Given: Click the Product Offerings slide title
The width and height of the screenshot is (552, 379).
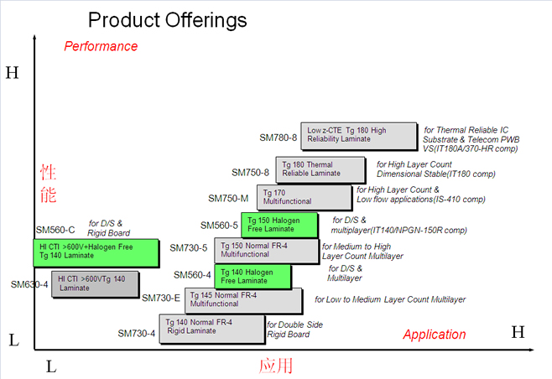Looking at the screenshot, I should (x=168, y=19).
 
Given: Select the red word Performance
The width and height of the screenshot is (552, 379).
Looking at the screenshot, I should (x=101, y=46).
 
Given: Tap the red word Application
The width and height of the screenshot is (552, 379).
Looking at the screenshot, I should (x=435, y=335).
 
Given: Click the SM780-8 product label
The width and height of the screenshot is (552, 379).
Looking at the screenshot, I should (x=278, y=138).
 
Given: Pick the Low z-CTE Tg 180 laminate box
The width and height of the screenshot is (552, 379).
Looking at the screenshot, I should (x=358, y=136).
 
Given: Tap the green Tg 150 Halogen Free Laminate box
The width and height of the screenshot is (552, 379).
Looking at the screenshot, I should (x=279, y=224).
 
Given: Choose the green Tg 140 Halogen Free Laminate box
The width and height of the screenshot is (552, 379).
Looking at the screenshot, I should (x=253, y=276).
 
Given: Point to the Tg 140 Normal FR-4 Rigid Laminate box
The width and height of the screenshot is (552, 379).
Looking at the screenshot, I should (x=211, y=328).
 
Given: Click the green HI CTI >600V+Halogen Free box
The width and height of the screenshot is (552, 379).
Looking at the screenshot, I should (x=96, y=252).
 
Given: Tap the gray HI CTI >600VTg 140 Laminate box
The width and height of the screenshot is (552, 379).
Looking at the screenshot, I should (x=95, y=284).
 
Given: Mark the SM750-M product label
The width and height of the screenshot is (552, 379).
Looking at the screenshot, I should (x=228, y=199).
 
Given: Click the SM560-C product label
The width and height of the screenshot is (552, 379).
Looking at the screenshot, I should (x=55, y=230).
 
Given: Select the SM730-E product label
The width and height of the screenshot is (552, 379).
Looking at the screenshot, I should (x=161, y=298).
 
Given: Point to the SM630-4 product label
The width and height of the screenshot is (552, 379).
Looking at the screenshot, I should (x=29, y=284).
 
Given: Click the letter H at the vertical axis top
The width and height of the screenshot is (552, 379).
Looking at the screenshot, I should (x=12, y=73).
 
